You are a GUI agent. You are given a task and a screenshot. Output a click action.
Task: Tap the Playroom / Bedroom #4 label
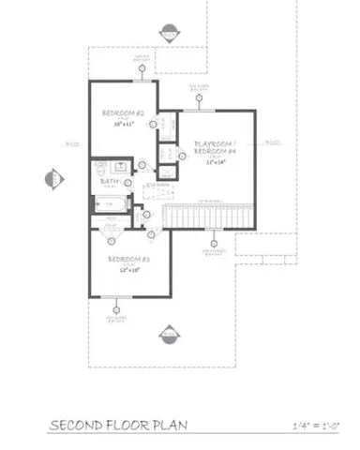[x=215, y=147]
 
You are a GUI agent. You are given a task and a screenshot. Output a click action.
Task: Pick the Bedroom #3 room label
[x=124, y=258]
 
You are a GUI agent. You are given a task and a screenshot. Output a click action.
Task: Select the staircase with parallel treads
[x=207, y=217]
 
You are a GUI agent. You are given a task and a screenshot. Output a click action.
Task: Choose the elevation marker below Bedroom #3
[x=169, y=334]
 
